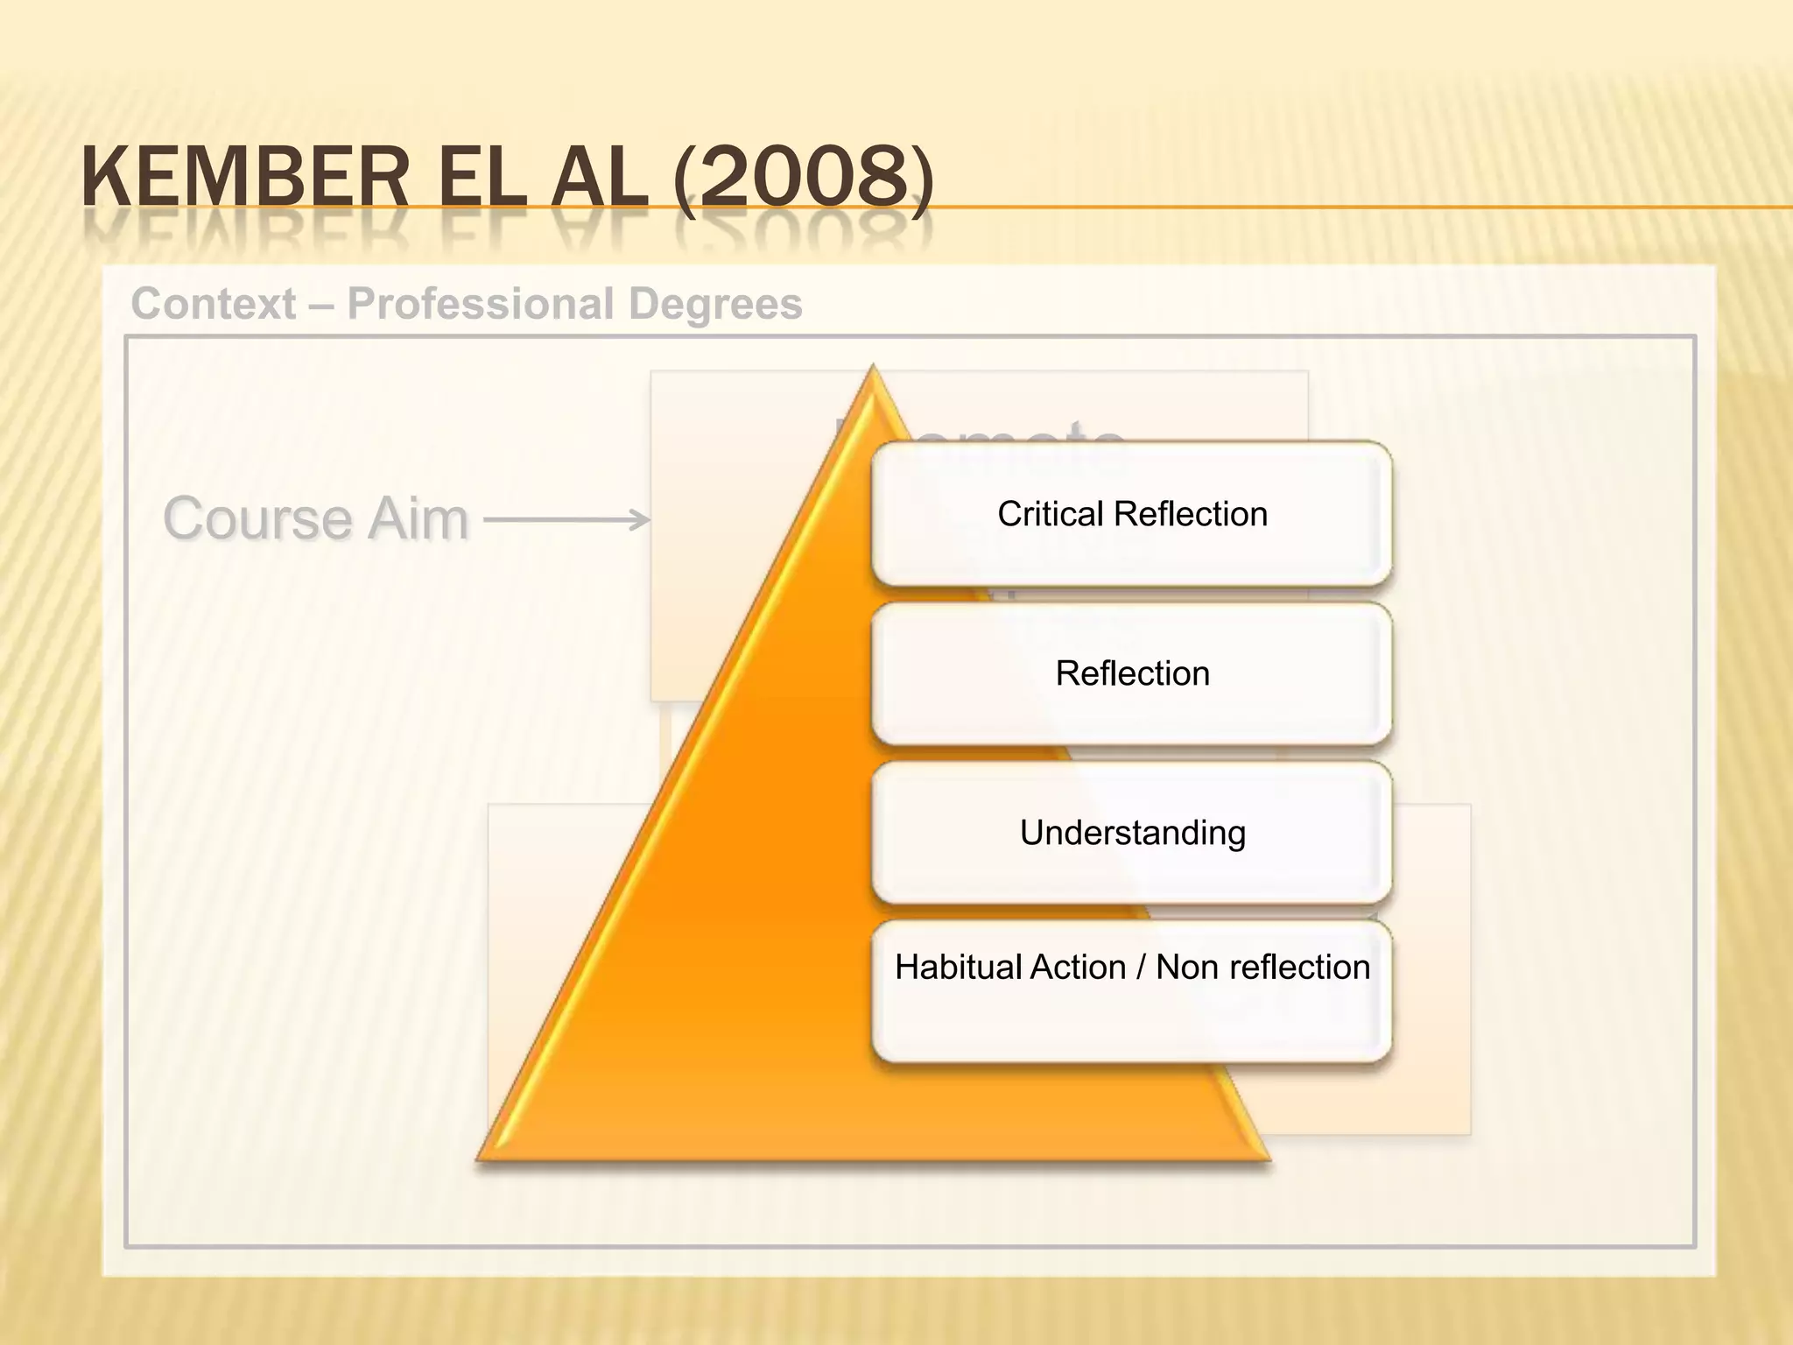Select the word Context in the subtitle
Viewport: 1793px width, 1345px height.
pos(214,304)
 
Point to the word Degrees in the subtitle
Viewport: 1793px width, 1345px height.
pos(714,304)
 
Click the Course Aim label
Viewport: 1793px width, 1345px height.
pos(315,518)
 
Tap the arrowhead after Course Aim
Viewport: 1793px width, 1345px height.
pos(642,520)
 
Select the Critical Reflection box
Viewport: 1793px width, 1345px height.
pos(1131,514)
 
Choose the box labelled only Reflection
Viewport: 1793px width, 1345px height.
pos(1131,673)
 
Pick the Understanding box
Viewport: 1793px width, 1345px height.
pos(1131,833)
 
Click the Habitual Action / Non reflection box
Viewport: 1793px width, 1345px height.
pos(1131,992)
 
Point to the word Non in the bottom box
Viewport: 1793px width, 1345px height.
pos(1187,968)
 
